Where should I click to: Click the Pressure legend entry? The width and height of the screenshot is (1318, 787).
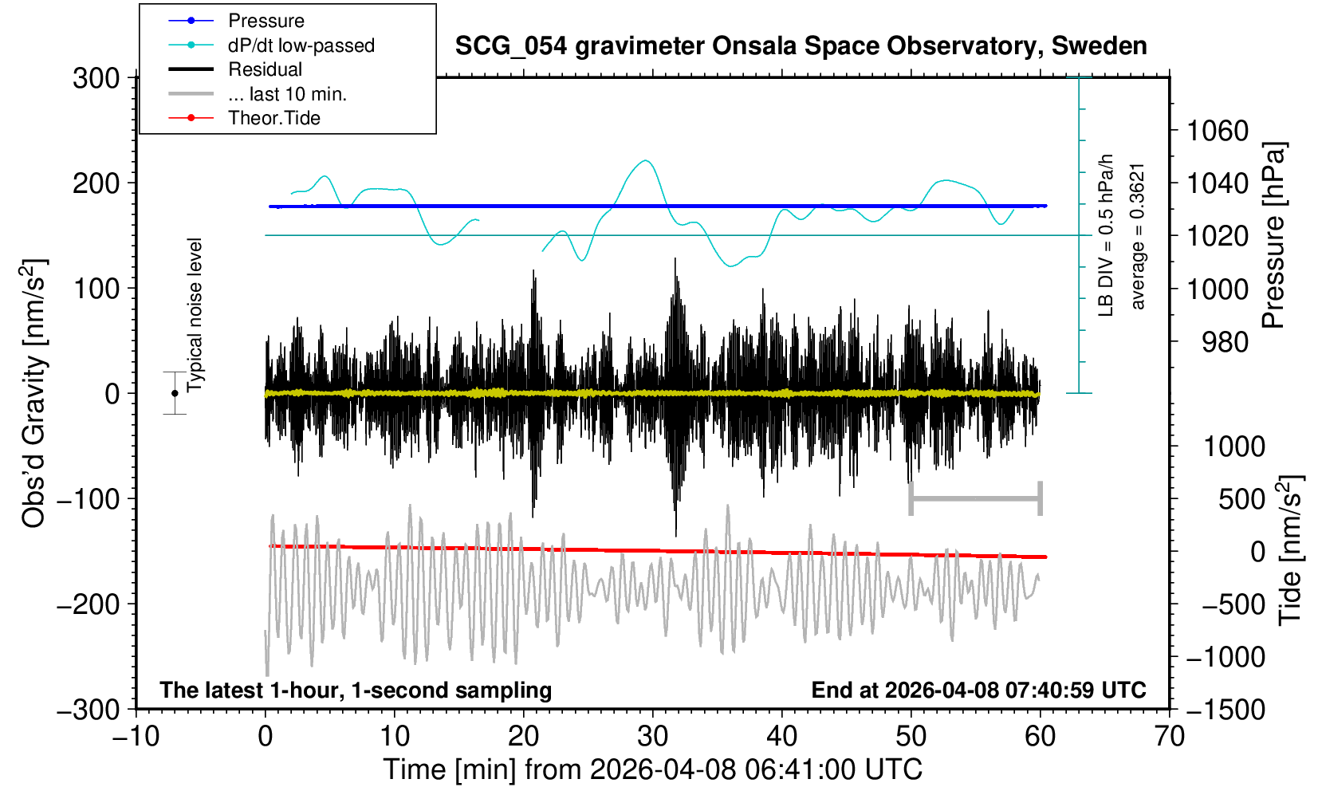[x=266, y=21]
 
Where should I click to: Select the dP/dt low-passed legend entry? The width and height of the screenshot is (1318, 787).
[x=301, y=45]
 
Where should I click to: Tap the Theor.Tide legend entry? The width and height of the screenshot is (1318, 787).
[x=273, y=118]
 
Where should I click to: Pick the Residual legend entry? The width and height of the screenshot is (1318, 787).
[x=265, y=69]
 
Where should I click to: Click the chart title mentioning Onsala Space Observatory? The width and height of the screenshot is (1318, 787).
[x=801, y=46]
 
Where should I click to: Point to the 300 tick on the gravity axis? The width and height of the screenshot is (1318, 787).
[x=96, y=78]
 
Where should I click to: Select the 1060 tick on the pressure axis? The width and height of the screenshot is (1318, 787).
[x=1217, y=130]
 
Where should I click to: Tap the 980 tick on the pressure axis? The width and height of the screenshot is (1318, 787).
[x=1225, y=342]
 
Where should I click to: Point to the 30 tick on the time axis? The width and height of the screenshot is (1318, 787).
[x=652, y=735]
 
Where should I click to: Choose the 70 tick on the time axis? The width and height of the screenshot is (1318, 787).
[x=1169, y=735]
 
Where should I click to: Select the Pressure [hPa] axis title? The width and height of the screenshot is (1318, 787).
[x=1274, y=235]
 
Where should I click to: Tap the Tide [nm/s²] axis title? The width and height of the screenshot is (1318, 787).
[x=1289, y=550]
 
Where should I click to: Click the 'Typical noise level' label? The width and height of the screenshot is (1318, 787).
[x=195, y=315]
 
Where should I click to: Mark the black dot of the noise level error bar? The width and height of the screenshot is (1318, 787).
[x=175, y=393]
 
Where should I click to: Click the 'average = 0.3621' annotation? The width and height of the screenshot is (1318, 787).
[x=1138, y=236]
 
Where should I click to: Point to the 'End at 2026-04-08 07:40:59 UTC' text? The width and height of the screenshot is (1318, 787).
[x=978, y=690]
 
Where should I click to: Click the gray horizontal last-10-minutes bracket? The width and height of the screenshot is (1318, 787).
[x=975, y=499]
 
